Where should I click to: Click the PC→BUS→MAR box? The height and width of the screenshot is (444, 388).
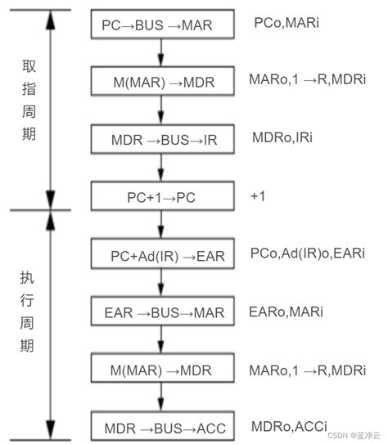point(160,25)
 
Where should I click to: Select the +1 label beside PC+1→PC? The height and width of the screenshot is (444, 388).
point(259,197)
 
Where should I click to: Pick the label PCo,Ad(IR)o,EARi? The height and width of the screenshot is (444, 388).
point(307,254)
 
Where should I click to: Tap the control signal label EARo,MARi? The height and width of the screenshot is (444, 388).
point(286,312)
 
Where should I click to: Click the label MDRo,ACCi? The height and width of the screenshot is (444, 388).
point(289,426)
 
